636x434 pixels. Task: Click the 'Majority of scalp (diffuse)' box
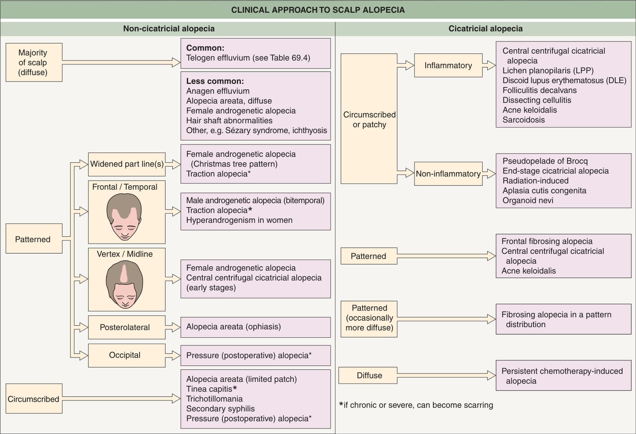pyautogui.click(x=34, y=62)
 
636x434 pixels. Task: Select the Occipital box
pyautogui.click(x=127, y=355)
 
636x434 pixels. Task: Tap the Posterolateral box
pyautogui.click(x=127, y=327)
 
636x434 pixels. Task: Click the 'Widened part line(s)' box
pyautogui.click(x=127, y=164)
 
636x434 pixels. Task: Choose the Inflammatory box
pyautogui.click(x=448, y=65)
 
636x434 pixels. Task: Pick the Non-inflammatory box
pyautogui.click(x=448, y=174)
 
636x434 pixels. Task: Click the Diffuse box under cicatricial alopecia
pyautogui.click(x=368, y=375)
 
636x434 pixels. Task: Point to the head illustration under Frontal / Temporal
pyautogui.click(x=124, y=216)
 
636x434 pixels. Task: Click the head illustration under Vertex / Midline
pyautogui.click(x=124, y=284)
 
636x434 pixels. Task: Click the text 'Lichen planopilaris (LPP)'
pyautogui.click(x=548, y=70)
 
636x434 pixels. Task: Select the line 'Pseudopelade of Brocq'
pyautogui.click(x=545, y=161)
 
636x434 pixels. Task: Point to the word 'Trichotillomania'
pyautogui.click(x=214, y=399)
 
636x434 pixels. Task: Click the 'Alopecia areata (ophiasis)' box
pyautogui.click(x=256, y=327)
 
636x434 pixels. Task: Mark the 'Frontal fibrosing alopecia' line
pyautogui.click(x=547, y=241)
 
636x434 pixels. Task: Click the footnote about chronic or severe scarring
pyautogui.click(x=416, y=405)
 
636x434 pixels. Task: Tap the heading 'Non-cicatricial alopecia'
pyautogui.click(x=169, y=28)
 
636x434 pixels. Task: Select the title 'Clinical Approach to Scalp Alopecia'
pyautogui.click(x=318, y=10)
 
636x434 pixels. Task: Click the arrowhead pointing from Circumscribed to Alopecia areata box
pyautogui.click(x=176, y=398)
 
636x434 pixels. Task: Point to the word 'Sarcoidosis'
pyautogui.click(x=523, y=120)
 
